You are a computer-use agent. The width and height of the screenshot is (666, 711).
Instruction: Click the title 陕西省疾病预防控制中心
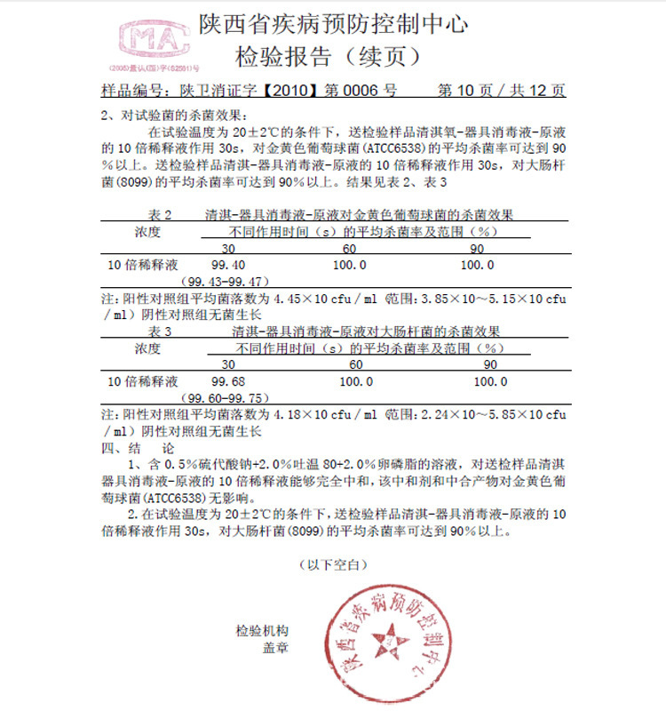click(333, 24)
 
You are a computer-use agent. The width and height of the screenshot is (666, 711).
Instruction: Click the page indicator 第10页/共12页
click(503, 90)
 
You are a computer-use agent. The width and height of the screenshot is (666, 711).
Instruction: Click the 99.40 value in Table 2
click(227, 265)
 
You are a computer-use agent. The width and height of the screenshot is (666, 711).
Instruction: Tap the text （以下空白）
click(332, 564)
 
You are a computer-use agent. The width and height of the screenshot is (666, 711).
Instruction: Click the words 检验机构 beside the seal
click(262, 631)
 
